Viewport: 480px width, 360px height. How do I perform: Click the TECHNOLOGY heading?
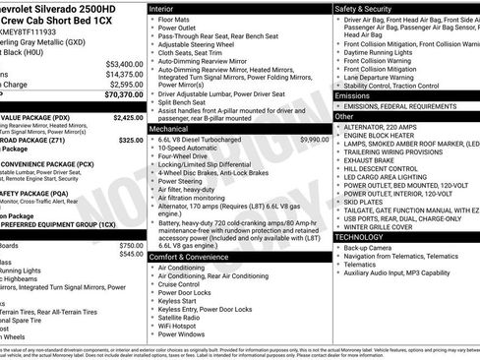tap(361, 237)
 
